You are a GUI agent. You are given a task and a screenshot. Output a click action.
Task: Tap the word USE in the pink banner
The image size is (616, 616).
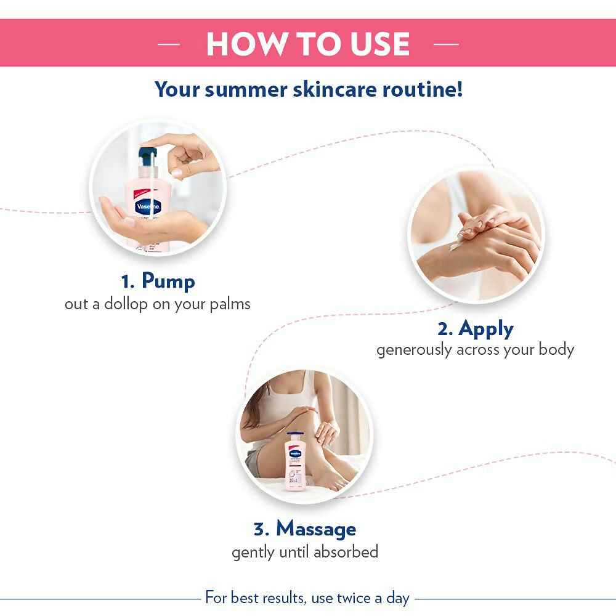[x=373, y=43]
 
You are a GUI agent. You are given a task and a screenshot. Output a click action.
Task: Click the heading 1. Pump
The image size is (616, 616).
[x=158, y=282]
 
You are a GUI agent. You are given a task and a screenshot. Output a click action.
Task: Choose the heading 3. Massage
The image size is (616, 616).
[x=304, y=529]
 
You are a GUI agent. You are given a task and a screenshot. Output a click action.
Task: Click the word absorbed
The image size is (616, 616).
[x=346, y=551]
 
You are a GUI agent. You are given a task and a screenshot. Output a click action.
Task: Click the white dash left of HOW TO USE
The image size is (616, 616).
[x=169, y=44]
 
